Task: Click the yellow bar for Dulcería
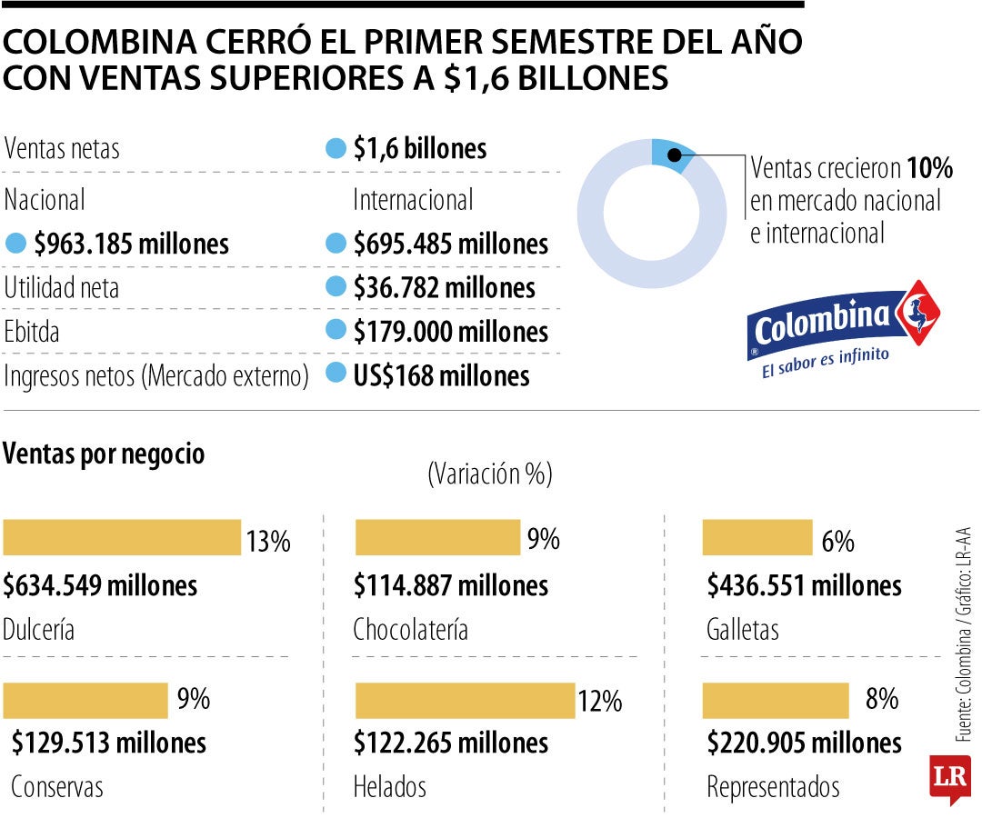pyautogui.click(x=122, y=537)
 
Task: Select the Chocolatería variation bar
pyautogui.click(x=436, y=537)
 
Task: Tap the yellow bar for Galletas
pyautogui.click(x=757, y=537)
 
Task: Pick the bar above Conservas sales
pyautogui.click(x=85, y=700)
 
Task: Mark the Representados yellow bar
pyautogui.click(x=776, y=700)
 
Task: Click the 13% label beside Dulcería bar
pyautogui.click(x=267, y=542)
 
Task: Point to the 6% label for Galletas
pyautogui.click(x=837, y=542)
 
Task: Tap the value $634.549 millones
pyautogui.click(x=100, y=585)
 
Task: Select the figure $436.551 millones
pyautogui.click(x=804, y=585)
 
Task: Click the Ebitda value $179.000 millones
pyautogui.click(x=451, y=332)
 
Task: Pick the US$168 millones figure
pyautogui.click(x=441, y=374)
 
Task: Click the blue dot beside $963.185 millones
pyautogui.click(x=15, y=244)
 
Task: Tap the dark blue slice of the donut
pyautogui.click(x=671, y=153)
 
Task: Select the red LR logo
pyautogui.click(x=949, y=778)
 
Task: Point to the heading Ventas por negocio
pyautogui.click(x=105, y=454)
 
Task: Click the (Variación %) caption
pyautogui.click(x=489, y=474)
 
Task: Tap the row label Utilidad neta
pyautogui.click(x=62, y=288)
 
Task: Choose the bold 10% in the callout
pyautogui.click(x=928, y=168)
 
